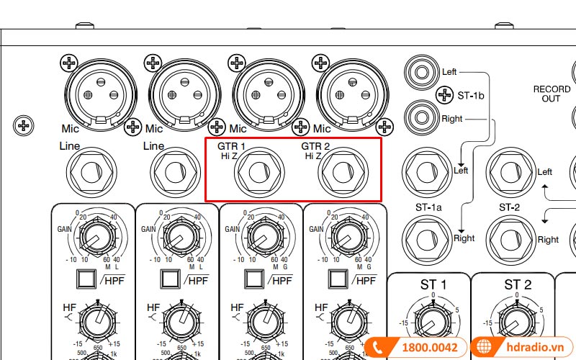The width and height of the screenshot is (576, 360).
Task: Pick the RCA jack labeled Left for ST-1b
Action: pyautogui.click(x=422, y=73)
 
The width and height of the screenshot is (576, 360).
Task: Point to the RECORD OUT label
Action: pyautogui.click(x=552, y=94)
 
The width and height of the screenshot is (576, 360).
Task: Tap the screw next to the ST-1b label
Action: pyautogui.click(x=445, y=94)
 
